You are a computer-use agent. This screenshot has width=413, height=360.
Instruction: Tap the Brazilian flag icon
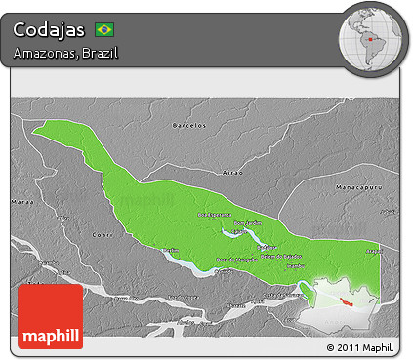(103, 29)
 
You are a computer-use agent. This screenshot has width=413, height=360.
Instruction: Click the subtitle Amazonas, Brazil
(66, 52)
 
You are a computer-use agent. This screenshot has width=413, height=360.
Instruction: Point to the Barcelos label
(188, 126)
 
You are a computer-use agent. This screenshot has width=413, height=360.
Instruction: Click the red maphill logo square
(50, 316)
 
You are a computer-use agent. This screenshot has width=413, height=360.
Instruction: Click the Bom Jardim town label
(246, 222)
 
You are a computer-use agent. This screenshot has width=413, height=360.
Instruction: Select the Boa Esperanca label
(214, 215)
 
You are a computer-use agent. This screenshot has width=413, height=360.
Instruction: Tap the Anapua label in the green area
(373, 251)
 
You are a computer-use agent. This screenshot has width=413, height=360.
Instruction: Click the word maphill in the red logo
(50, 333)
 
